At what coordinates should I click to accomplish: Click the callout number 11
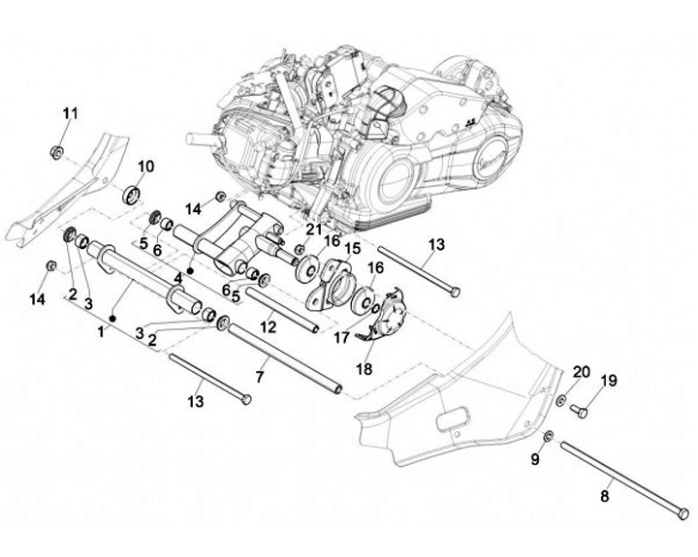[x=69, y=115]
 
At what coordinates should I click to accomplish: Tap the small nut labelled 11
[x=57, y=151]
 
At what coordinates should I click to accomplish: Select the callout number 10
[x=144, y=166]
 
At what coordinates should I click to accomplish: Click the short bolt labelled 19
[x=578, y=412]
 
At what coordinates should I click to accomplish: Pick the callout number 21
[x=312, y=230]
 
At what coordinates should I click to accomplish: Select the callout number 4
[x=178, y=278]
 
